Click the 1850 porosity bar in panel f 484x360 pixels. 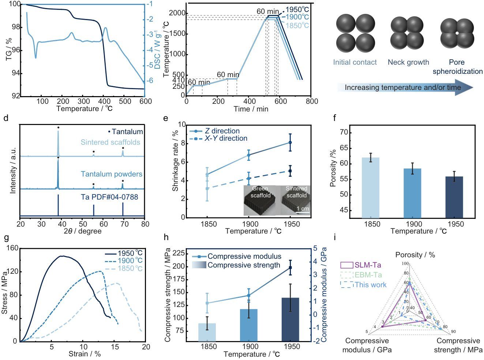pos(371,187)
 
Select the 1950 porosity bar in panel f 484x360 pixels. pos(454,197)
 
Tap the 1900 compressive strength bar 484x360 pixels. pos(248,325)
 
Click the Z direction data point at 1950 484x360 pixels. pos(290,143)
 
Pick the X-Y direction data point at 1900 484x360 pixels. pos(248,178)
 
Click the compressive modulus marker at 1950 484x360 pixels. pos(290,268)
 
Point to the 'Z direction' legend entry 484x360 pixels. pos(214,131)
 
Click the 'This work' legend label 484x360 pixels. pos(371,285)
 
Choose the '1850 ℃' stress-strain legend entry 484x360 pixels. pos(124,268)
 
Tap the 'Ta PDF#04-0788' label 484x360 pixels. pos(109,197)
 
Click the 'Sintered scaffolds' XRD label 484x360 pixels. pos(110,142)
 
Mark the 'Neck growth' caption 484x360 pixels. pos(408,62)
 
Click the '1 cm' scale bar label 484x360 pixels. pos(303,209)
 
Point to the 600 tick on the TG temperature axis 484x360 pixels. pos(146,101)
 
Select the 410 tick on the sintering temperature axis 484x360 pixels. pos(179,80)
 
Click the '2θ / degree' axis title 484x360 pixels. pos(82,231)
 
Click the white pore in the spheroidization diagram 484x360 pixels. pos(457,33)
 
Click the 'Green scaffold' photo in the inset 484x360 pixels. pos(260,200)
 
